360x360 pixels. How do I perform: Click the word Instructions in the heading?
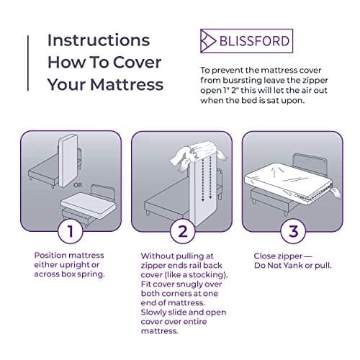pyautogui.click(x=99, y=39)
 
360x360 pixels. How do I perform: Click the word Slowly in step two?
pyautogui.click(x=158, y=305)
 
